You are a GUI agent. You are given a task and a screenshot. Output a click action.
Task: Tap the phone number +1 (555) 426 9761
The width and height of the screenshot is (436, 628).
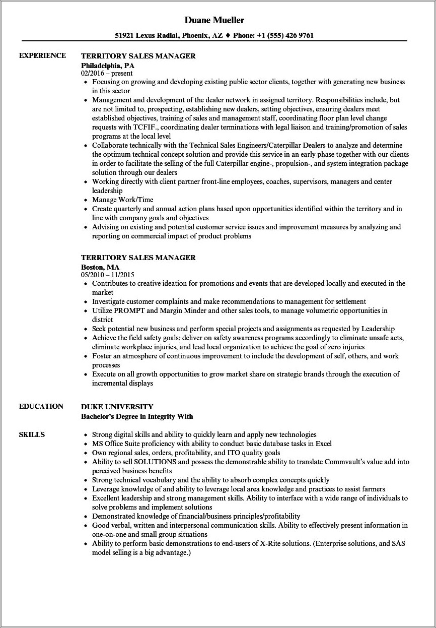(x=285, y=36)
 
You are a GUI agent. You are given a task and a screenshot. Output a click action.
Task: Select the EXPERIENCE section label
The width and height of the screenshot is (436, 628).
(x=42, y=55)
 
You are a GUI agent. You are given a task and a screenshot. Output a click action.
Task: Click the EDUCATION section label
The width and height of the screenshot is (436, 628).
(x=41, y=406)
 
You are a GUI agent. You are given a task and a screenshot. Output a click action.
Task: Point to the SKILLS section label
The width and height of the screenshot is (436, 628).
(x=32, y=434)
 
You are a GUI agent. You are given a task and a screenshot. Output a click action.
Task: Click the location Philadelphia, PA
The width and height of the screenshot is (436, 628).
(x=108, y=66)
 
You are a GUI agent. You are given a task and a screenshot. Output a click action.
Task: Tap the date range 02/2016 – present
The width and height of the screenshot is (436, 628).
(x=107, y=74)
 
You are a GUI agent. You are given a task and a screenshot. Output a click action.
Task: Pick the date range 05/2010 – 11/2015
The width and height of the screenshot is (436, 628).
(x=108, y=275)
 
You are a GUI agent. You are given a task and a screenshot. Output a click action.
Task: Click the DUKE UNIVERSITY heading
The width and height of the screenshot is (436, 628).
(x=117, y=407)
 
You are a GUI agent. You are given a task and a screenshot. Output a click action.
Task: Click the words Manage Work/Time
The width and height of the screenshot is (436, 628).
(x=122, y=200)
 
